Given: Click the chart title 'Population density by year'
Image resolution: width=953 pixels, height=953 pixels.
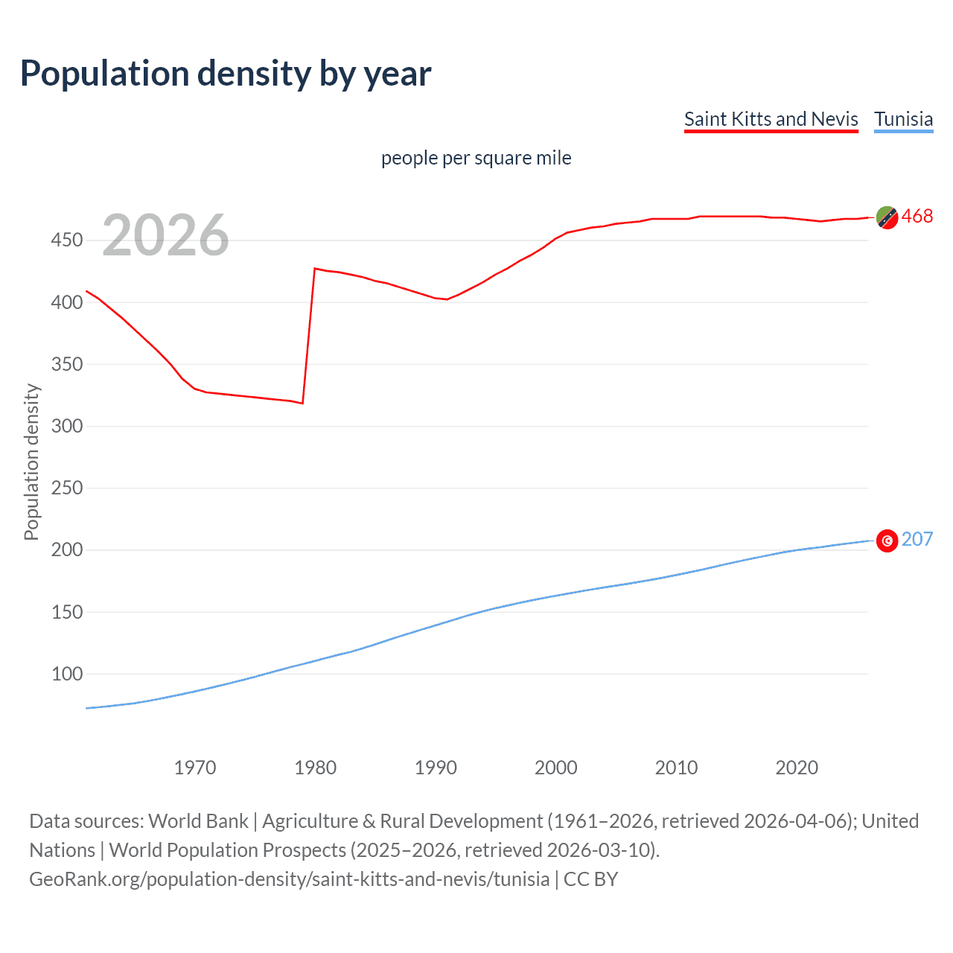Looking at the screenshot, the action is (x=226, y=74).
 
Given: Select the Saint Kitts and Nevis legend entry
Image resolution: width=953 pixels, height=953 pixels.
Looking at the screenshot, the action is (x=771, y=119).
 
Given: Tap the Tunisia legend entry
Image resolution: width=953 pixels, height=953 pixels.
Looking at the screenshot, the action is (x=903, y=119).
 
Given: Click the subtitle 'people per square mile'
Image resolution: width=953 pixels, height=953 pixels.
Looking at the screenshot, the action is (x=476, y=158).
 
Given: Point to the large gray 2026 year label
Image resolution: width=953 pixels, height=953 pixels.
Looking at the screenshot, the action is (x=165, y=235).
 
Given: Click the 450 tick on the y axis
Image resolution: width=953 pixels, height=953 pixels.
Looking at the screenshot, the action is (x=66, y=240).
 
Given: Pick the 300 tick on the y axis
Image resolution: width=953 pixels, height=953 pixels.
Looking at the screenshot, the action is (x=66, y=426).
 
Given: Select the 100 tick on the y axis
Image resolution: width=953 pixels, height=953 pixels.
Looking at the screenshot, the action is (x=66, y=674).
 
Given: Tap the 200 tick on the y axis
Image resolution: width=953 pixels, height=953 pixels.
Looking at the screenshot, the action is (x=66, y=550).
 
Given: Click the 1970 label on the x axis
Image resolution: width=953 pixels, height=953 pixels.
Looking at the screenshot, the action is (x=195, y=768).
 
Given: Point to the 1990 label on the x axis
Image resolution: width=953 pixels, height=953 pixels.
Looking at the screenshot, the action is (x=436, y=768).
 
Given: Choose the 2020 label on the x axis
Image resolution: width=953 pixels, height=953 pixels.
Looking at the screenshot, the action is (x=797, y=768).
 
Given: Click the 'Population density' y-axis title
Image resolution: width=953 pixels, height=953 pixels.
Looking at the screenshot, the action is (x=31, y=462).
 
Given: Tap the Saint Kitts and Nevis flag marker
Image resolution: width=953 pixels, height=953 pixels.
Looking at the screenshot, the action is (x=887, y=217).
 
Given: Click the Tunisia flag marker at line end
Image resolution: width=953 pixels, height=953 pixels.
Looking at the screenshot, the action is (x=887, y=541).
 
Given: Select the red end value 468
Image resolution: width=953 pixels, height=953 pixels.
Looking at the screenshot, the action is (x=917, y=216).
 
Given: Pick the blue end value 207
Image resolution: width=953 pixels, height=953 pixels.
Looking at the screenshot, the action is (x=917, y=539).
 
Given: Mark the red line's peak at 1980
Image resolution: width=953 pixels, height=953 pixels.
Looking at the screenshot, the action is (x=315, y=268).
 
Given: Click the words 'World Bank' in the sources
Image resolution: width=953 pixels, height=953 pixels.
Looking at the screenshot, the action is (x=198, y=821).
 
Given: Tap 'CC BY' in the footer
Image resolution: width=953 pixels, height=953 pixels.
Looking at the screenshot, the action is (x=590, y=879).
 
